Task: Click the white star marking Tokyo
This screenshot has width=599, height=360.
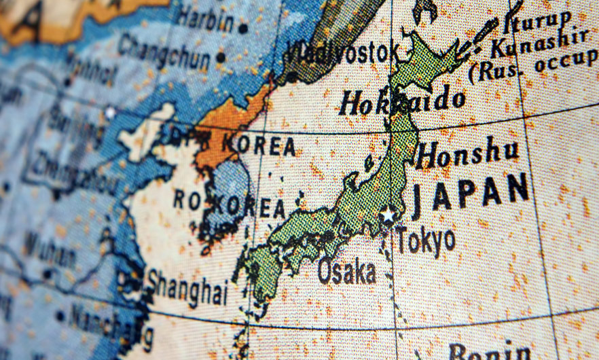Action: (x=388, y=215)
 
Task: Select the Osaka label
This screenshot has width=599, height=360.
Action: (x=346, y=271)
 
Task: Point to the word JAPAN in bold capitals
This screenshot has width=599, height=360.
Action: (x=471, y=192)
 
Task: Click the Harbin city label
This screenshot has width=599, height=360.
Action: (x=206, y=18)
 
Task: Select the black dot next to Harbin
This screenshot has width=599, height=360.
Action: (x=243, y=29)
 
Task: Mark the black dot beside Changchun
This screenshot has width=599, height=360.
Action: (x=220, y=58)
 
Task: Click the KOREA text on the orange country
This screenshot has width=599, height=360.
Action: (x=258, y=145)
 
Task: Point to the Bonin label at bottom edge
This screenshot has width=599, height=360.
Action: (x=490, y=352)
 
